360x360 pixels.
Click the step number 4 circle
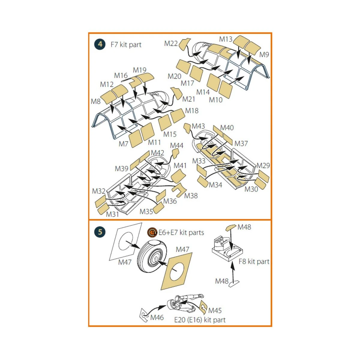100,44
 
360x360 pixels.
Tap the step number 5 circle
100,232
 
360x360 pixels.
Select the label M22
171,43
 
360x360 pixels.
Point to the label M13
226,39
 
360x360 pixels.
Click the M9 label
264,55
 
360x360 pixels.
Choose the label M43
198,126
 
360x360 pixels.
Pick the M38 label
191,196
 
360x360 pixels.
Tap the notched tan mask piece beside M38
179,190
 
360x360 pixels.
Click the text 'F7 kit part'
126,45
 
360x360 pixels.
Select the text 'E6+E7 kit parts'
181,232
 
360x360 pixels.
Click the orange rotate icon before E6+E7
152,232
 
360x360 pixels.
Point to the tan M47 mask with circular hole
176,271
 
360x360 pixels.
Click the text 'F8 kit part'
254,262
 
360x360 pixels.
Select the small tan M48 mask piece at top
231,228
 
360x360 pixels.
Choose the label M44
177,145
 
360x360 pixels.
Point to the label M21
189,99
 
